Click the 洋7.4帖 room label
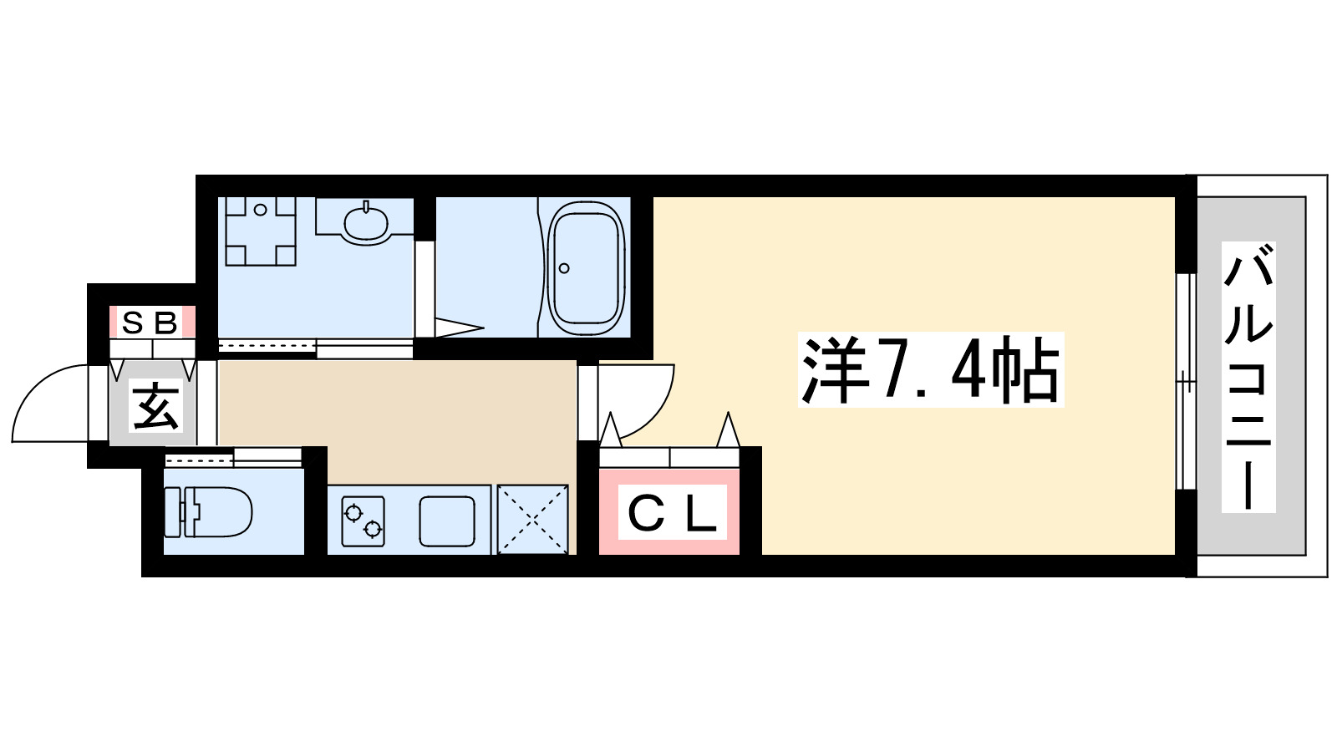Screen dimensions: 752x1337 pos(930,369)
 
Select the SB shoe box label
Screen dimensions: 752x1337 pos(150,322)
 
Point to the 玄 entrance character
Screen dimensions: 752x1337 pos(155,407)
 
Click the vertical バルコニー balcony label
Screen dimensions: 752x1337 pos(1248,376)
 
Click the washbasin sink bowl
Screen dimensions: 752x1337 pos(366,222)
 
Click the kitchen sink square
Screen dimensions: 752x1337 pos(446,520)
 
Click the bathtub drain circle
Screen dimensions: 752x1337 pos(564,268)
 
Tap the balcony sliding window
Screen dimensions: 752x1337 pos(1184,380)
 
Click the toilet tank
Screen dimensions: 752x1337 pos(172,511)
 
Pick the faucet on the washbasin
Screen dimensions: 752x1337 pos(366,206)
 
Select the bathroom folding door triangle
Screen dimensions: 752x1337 pos(458,327)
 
